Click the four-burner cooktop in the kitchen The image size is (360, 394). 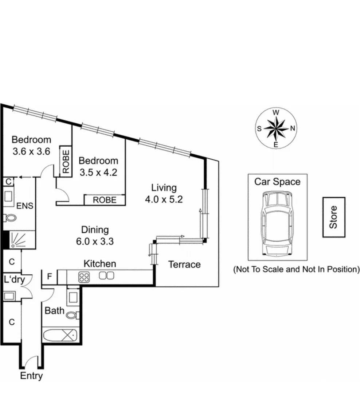click(84, 277)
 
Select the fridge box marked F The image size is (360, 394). click(50, 277)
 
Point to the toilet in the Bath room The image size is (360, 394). click(73, 315)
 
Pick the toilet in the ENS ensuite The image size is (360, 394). click(10, 218)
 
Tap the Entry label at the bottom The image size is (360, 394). click(31, 376)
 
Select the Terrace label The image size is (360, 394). click(184, 264)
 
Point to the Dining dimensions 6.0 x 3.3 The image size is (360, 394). click(95, 241)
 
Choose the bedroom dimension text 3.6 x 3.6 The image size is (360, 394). click(31, 151)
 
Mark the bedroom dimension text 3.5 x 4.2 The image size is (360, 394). click(98, 172)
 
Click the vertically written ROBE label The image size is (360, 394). click(66, 161)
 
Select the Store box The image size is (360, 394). click(333, 217)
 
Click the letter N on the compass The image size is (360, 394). click(292, 128)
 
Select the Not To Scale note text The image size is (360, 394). click(296, 269)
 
